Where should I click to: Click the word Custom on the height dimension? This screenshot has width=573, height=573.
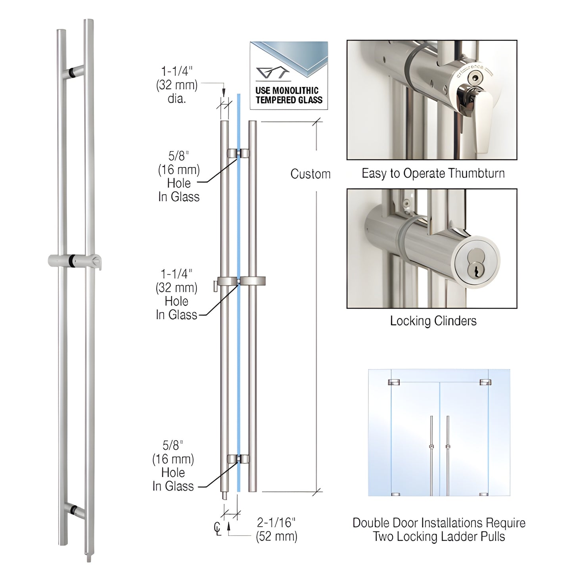(x=310, y=174)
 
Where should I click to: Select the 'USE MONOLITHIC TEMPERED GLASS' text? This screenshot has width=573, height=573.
(x=289, y=95)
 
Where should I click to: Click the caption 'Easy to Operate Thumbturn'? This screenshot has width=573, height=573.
(x=433, y=173)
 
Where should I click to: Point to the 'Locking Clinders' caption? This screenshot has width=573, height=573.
(x=433, y=320)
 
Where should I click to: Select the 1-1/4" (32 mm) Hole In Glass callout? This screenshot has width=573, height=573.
(x=176, y=294)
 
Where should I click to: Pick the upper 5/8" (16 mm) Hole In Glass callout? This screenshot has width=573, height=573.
(x=179, y=176)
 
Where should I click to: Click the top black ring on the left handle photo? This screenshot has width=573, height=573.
(x=72, y=73)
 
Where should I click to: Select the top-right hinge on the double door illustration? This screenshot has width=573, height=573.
(x=485, y=382)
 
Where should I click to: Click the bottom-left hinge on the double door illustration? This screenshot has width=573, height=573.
(x=395, y=494)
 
